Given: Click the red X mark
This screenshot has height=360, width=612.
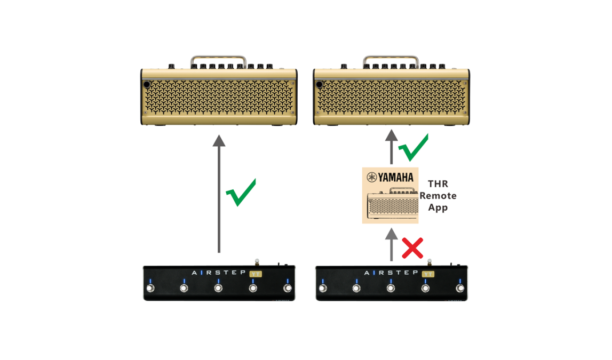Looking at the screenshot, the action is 412,248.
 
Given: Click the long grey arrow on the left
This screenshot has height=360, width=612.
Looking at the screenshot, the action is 219,194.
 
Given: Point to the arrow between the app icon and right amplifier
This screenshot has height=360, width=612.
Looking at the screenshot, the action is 392,147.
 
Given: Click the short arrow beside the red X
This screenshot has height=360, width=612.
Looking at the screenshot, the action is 392,245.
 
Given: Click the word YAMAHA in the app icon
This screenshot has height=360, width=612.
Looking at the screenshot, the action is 396,178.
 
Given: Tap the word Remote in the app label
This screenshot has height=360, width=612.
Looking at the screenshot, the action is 438,196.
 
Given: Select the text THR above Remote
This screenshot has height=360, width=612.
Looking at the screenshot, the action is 438,183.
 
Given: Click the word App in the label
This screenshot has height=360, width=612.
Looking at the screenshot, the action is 438,208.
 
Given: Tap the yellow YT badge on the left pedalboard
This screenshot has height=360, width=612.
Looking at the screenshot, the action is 256,274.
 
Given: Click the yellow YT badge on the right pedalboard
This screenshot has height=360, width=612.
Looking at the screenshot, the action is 428,274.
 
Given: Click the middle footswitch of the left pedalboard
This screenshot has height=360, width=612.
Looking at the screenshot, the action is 218,288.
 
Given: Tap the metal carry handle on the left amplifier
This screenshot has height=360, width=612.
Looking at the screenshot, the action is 218,58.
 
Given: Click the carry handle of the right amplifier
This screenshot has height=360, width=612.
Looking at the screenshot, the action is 391,58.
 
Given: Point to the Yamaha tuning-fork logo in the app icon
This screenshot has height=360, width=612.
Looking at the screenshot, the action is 372,178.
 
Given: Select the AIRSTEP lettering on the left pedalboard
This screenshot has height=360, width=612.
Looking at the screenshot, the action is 219,273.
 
